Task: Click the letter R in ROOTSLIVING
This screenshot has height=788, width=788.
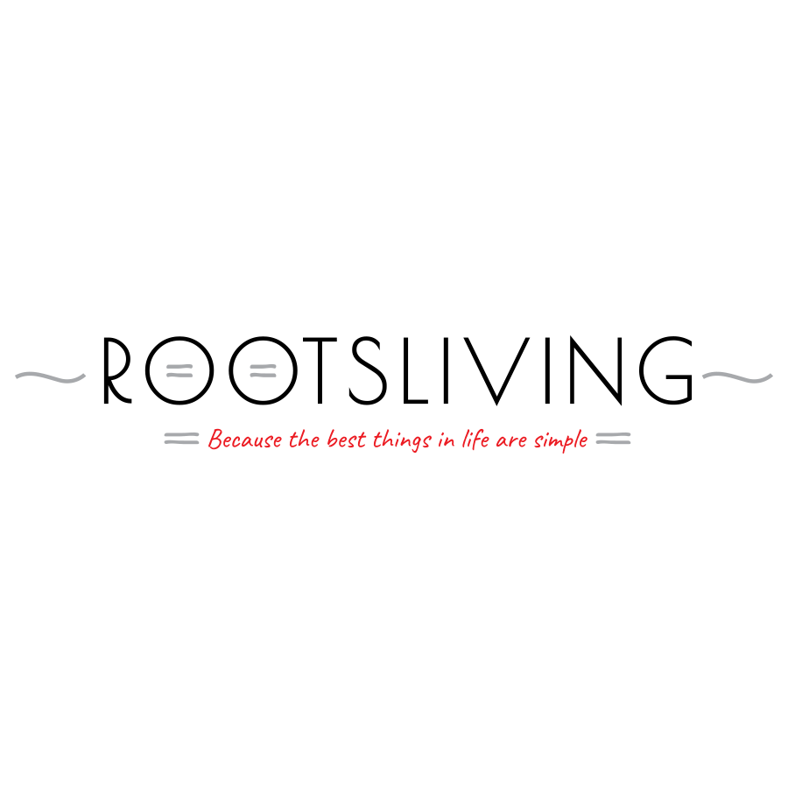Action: (x=107, y=370)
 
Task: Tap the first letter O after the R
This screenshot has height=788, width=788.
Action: (x=148, y=370)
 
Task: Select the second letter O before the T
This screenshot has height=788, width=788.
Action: (x=231, y=370)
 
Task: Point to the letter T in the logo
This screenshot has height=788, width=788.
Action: (x=320, y=370)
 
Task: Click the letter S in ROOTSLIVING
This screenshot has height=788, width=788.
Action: (x=368, y=370)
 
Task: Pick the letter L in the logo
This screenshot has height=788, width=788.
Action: (x=405, y=370)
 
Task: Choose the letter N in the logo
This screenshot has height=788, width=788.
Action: (x=583, y=370)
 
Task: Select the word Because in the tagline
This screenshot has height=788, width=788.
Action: (x=245, y=440)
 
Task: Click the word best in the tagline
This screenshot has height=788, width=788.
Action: (x=346, y=440)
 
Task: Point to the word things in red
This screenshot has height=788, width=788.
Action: (x=402, y=440)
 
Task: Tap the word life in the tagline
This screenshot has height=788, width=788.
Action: (x=475, y=440)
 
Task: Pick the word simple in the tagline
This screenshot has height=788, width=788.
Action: (x=561, y=440)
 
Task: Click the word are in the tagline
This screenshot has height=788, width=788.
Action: (x=511, y=442)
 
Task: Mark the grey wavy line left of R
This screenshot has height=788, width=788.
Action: (x=50, y=376)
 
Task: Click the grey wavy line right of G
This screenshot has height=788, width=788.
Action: (x=737, y=376)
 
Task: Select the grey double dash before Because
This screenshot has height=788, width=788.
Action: (x=181, y=439)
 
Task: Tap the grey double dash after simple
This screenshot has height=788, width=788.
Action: (x=613, y=439)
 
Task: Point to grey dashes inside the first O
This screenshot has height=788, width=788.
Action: (x=179, y=371)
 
